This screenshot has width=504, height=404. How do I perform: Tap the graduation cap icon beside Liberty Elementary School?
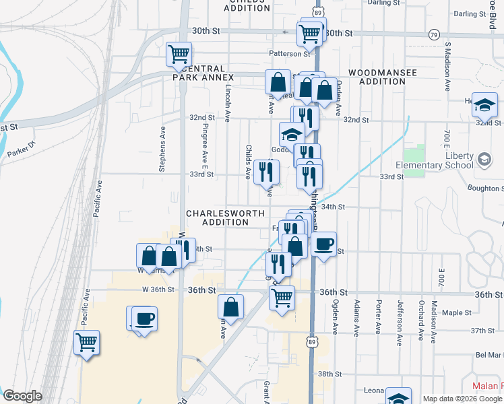483,160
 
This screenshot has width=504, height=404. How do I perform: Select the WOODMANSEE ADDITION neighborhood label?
382,77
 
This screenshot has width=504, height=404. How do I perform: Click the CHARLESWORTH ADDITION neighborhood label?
217,217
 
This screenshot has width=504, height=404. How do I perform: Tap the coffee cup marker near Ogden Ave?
323,244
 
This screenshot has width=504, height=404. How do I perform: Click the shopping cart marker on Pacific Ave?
87,343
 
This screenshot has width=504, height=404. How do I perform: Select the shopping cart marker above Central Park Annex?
179,55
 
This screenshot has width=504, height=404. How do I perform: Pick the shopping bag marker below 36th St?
230,307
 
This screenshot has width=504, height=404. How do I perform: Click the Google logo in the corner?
22,396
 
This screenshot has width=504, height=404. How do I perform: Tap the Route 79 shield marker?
434,34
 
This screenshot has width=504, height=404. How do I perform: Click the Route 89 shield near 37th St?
311,342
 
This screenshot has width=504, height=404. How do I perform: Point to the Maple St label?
456,312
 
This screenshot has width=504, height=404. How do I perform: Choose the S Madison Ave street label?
447,68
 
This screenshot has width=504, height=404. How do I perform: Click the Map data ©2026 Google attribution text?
462,398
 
